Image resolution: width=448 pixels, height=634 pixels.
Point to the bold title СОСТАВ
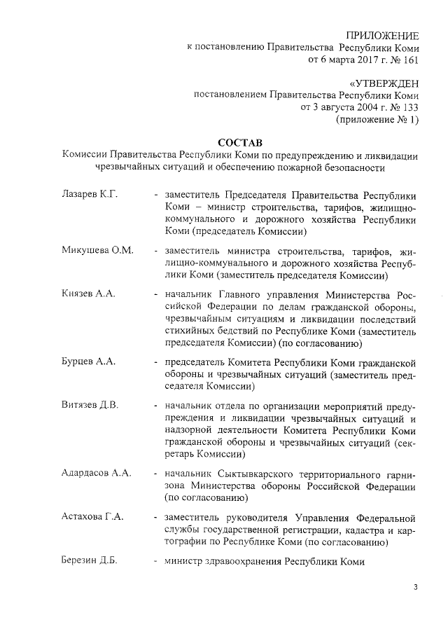[238, 143]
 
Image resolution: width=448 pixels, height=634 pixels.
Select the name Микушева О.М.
[97, 251]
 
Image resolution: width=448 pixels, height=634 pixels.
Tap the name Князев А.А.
[88, 295]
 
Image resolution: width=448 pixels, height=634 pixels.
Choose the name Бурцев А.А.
[88, 361]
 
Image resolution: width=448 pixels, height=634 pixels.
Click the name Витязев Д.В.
[90, 406]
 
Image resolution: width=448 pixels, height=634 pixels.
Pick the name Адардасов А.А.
[97, 473]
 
